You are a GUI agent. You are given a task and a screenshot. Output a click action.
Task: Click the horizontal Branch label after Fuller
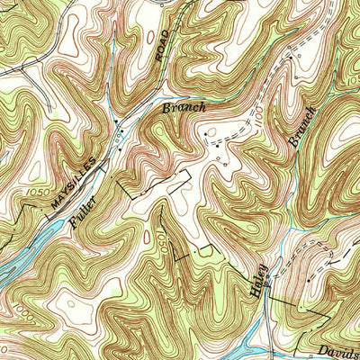click(x=184, y=107)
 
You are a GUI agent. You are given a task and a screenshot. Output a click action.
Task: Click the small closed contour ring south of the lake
click(x=61, y=307)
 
